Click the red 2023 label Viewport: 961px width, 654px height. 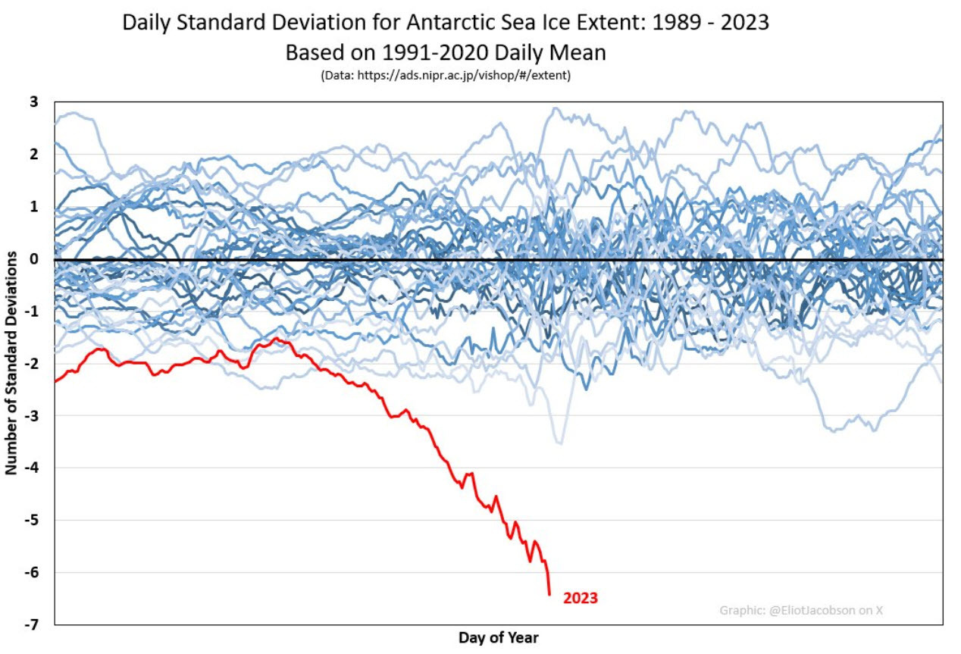(x=580, y=599)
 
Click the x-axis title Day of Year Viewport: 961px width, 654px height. (x=498, y=637)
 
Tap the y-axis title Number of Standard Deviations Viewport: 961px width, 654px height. (x=11, y=363)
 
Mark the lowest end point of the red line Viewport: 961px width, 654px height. (x=549, y=595)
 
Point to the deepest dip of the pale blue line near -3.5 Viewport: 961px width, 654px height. (x=559, y=443)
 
